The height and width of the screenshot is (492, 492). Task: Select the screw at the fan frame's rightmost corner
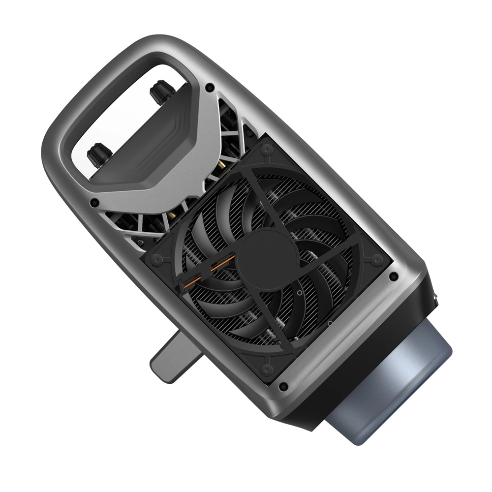coord(376,258)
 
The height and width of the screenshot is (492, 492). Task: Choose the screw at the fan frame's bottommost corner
coord(268,368)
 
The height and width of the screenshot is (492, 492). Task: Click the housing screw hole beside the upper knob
coord(210,87)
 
